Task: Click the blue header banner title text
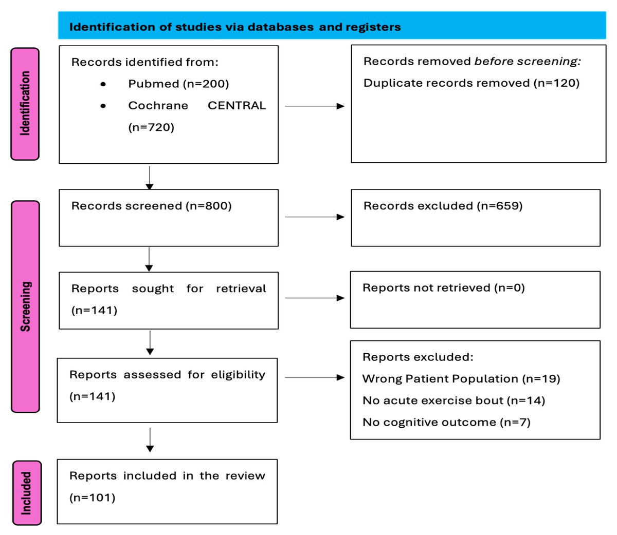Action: click(x=235, y=27)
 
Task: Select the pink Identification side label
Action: click(x=25, y=104)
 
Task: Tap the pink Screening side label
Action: click(x=25, y=307)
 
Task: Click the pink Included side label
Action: click(x=26, y=493)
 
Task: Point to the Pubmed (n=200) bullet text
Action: click(x=178, y=84)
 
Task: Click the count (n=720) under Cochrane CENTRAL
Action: click(x=151, y=127)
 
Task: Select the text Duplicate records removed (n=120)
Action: click(x=471, y=83)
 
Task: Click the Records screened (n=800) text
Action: click(x=151, y=206)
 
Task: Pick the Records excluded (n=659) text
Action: click(x=443, y=206)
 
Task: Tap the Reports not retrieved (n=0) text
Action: click(x=443, y=288)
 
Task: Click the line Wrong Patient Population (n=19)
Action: click(x=461, y=379)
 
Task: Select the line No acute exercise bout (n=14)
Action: click(x=453, y=400)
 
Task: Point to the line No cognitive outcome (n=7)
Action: click(x=446, y=423)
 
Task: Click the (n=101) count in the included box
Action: click(x=92, y=498)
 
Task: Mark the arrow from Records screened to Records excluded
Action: click(x=314, y=217)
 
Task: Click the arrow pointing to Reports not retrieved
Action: click(x=314, y=298)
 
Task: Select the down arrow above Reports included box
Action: click(x=150, y=440)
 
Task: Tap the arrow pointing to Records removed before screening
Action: click(x=314, y=106)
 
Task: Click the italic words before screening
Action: click(x=527, y=62)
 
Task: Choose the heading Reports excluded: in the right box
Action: click(x=418, y=357)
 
